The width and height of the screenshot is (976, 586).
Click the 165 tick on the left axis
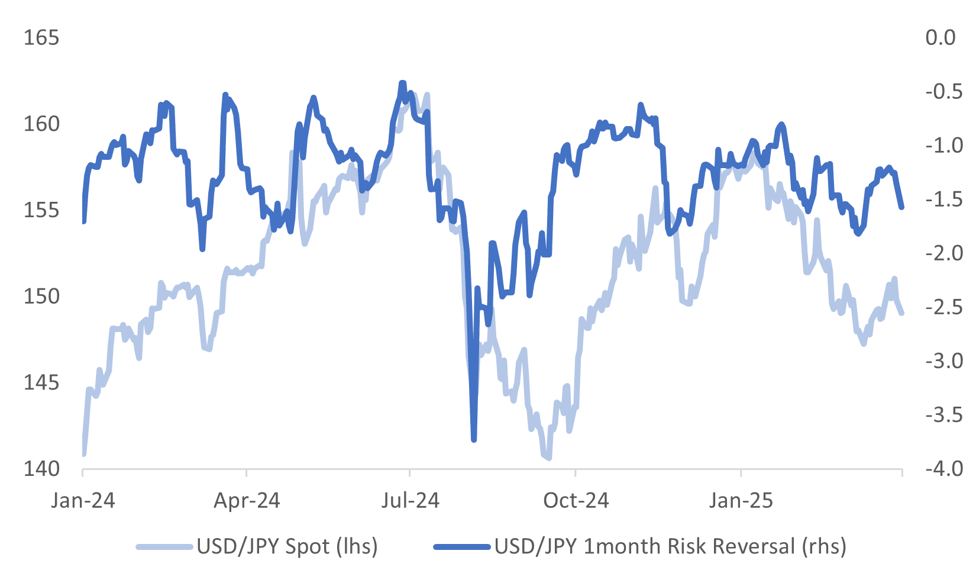41,38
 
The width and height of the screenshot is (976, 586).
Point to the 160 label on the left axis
41,124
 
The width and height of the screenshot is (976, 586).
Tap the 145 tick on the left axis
41,383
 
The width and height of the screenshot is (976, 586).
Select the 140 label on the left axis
41,469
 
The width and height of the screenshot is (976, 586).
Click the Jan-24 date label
83,501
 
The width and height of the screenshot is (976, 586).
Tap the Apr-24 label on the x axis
247,501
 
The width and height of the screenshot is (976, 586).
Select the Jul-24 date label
410,501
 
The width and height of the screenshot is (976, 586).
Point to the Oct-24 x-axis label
576,501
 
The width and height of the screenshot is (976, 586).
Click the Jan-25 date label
741,501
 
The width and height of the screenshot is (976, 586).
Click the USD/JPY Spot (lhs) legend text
287,546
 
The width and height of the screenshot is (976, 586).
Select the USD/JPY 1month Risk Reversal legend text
670,546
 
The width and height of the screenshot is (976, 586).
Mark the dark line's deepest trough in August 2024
474,440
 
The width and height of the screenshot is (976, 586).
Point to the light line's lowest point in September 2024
548,458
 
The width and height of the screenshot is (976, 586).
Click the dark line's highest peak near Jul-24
402,83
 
